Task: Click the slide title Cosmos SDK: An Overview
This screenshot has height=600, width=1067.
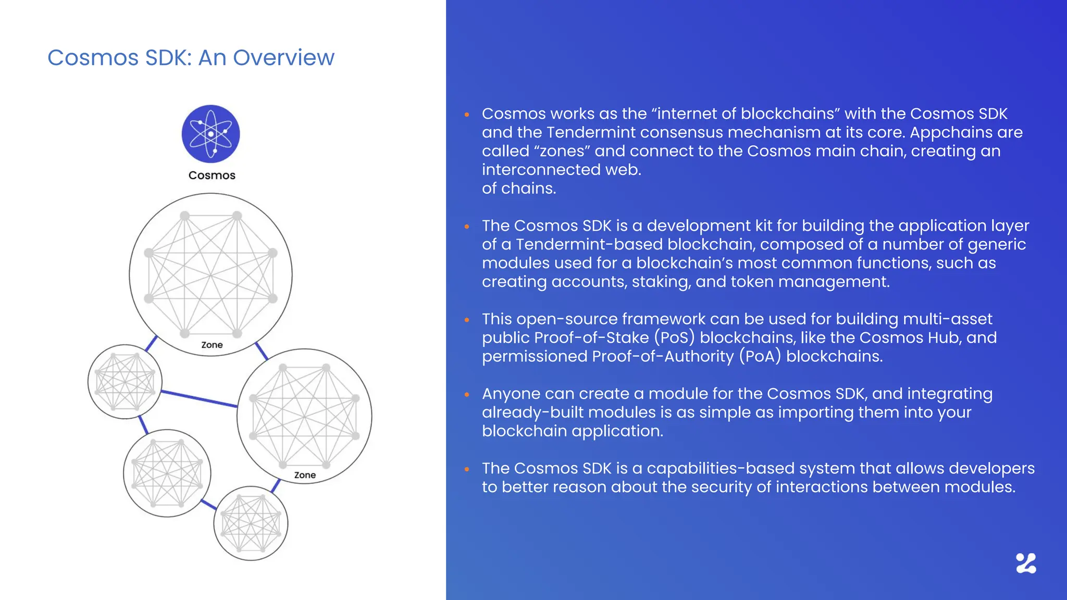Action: [x=191, y=58]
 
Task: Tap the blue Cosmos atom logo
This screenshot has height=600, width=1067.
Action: [x=210, y=134]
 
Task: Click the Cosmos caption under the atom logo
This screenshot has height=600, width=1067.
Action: [x=212, y=176]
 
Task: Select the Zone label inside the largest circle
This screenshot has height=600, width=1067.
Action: [x=212, y=345]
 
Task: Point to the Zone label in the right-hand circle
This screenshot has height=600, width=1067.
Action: [x=305, y=475]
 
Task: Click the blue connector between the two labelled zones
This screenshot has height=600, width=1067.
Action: [x=262, y=352]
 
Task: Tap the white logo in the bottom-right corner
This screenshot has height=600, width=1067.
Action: [x=1026, y=564]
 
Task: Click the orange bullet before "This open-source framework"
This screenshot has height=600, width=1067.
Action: [x=467, y=320]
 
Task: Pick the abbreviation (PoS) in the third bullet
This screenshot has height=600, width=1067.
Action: [x=674, y=337]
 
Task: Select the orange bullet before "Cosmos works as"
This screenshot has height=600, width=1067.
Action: [x=467, y=115]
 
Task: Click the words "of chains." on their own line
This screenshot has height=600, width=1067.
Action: [x=519, y=189]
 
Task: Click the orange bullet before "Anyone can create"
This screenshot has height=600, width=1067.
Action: [x=467, y=395]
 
